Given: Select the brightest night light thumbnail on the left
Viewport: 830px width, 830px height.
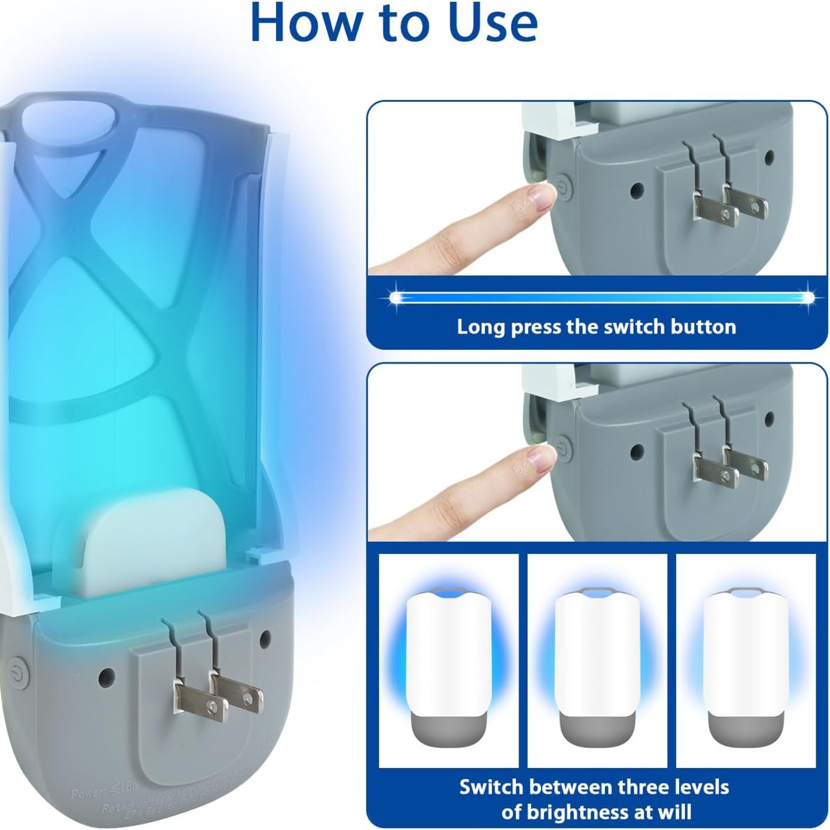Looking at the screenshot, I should point(449,661).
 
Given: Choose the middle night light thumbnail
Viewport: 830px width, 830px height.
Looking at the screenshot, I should point(597,661).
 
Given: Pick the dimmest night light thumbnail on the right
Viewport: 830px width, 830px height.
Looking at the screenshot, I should point(746,661).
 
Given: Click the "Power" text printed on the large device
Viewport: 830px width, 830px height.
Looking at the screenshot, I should point(89,794).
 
